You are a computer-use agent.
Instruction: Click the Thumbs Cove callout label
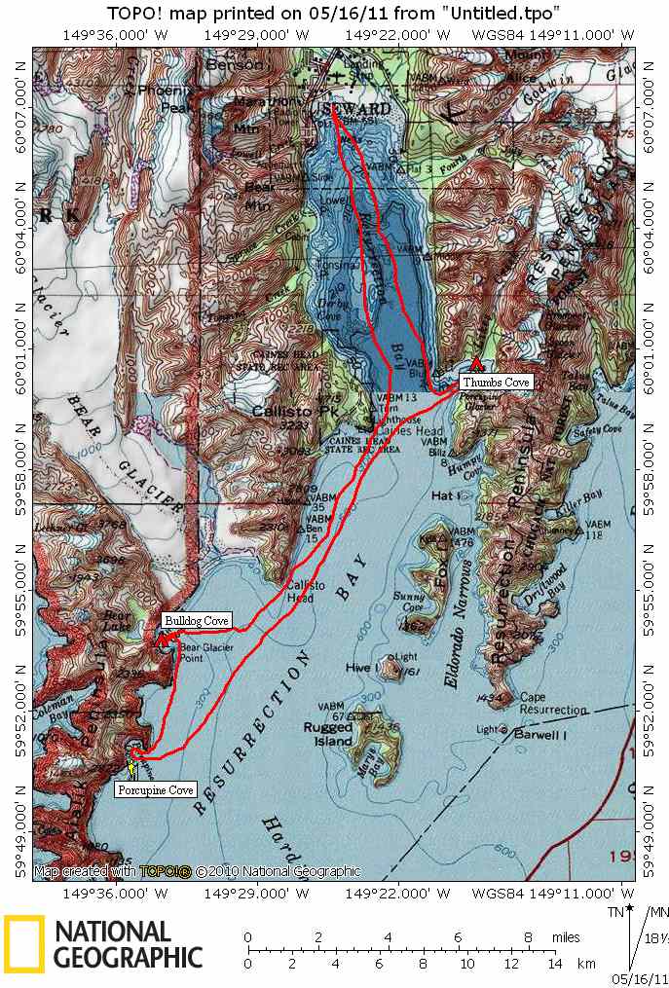496,383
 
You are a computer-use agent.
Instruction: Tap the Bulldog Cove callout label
197,620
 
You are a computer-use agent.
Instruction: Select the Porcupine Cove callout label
156,789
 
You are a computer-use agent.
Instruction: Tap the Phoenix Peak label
170,92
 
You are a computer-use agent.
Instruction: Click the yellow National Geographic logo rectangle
23,945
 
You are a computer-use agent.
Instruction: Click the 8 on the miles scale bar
528,936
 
